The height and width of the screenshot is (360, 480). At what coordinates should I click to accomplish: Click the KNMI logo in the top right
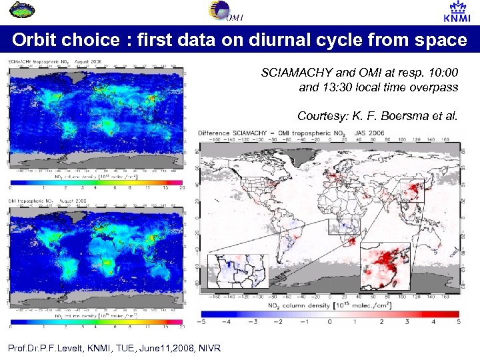(x=455, y=13)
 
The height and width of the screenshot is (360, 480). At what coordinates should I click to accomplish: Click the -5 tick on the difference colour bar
(x=201, y=321)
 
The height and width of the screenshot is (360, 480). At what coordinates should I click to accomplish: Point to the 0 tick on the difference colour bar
(x=329, y=321)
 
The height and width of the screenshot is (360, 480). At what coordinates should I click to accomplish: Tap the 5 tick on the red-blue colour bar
(x=457, y=321)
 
